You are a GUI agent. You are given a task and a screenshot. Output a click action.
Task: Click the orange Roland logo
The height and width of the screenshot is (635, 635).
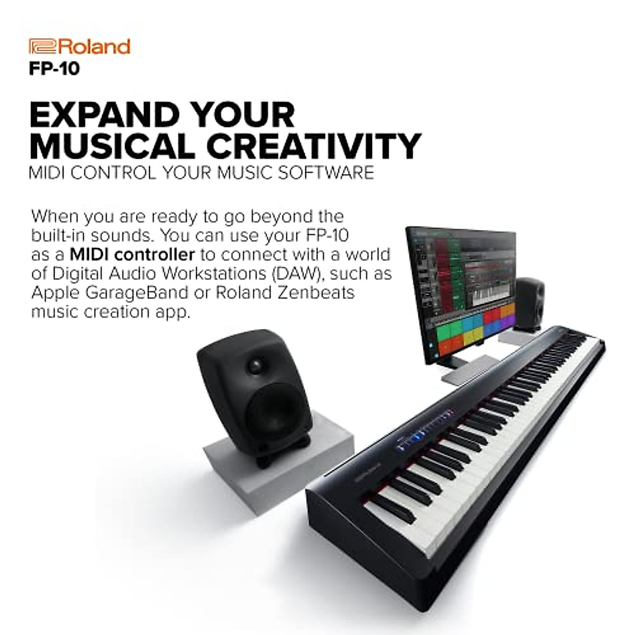pos(79,47)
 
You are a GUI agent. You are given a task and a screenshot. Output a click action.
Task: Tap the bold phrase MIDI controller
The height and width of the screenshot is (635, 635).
pos(132,255)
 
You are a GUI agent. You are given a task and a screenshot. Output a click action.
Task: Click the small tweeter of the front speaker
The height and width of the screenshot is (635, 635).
pos(257,365)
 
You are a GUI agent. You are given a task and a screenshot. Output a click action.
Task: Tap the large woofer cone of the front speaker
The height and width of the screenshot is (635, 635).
pos(274,412)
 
